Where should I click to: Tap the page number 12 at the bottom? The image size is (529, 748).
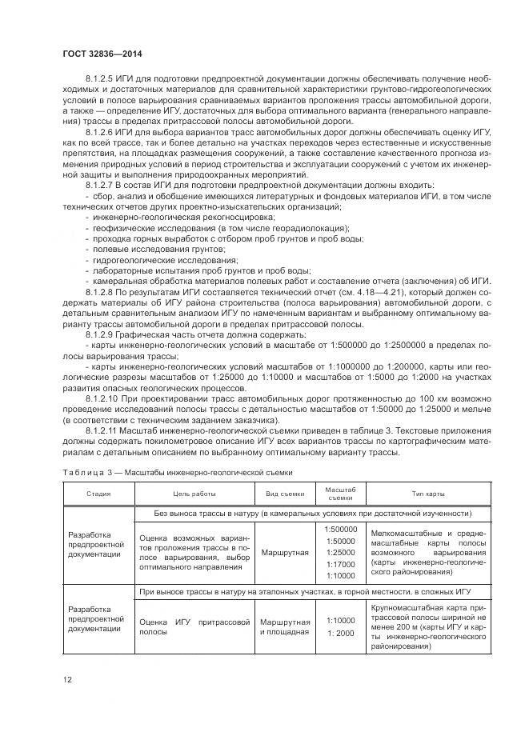68,679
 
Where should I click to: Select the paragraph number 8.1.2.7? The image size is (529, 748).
100,185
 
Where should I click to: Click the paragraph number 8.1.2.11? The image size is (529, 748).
102,430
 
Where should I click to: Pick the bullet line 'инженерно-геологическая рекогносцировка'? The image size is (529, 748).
184,217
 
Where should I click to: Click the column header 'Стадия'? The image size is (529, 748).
99,494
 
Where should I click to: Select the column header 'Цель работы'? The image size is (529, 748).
194,494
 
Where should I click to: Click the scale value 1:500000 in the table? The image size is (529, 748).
341,530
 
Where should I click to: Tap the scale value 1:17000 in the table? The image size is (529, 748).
341,564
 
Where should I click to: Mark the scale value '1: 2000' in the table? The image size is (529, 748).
341,633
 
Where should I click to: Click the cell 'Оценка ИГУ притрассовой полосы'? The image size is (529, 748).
194,626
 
